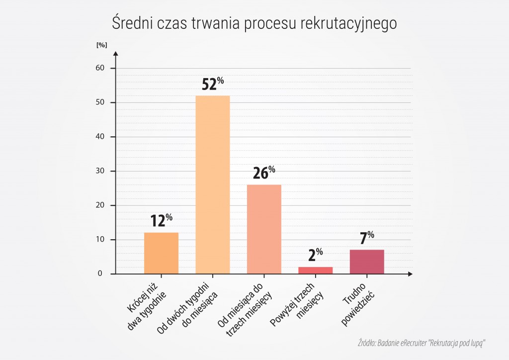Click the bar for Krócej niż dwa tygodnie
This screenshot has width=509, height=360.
[x=161, y=253]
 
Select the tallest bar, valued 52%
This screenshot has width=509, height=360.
[x=213, y=184]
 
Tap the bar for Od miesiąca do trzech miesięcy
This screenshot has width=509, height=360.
[x=264, y=229]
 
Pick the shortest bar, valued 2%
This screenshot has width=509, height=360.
[x=316, y=270]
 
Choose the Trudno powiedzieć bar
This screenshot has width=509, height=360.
[x=367, y=262]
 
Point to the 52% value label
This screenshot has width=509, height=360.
[x=213, y=84]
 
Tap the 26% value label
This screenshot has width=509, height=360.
[x=264, y=174]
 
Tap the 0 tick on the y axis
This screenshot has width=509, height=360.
[x=100, y=274]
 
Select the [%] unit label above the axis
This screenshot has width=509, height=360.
[x=101, y=45]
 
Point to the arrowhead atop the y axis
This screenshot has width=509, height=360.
[x=115, y=53]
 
